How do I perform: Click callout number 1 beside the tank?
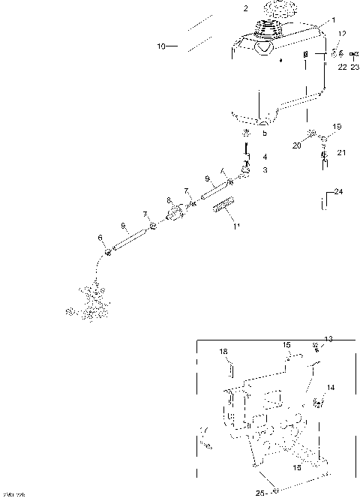click(334, 19)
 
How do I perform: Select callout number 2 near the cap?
click(245, 8)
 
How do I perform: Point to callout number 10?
click(160, 46)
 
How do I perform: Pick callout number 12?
click(341, 34)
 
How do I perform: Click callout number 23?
click(354, 67)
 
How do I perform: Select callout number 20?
click(296, 145)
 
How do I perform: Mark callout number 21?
click(341, 152)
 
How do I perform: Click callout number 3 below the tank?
click(264, 170)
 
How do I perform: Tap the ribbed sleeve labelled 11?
click(223, 206)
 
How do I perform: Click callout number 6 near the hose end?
click(100, 238)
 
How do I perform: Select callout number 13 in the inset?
click(328, 339)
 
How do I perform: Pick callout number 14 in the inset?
click(331, 388)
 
